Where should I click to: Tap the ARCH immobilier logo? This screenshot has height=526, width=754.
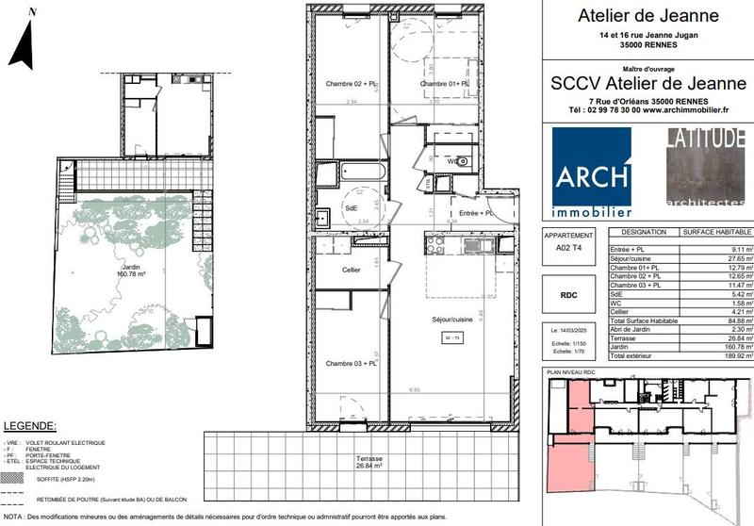tap(591, 180)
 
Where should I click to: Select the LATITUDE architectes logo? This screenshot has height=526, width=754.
tap(705, 167)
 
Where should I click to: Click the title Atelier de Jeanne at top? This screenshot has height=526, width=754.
tap(647, 16)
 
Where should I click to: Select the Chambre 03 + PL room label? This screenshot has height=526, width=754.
tap(346, 363)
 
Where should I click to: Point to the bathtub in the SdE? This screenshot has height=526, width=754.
tap(352, 174)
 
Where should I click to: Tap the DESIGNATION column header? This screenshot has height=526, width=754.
tap(644, 231)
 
